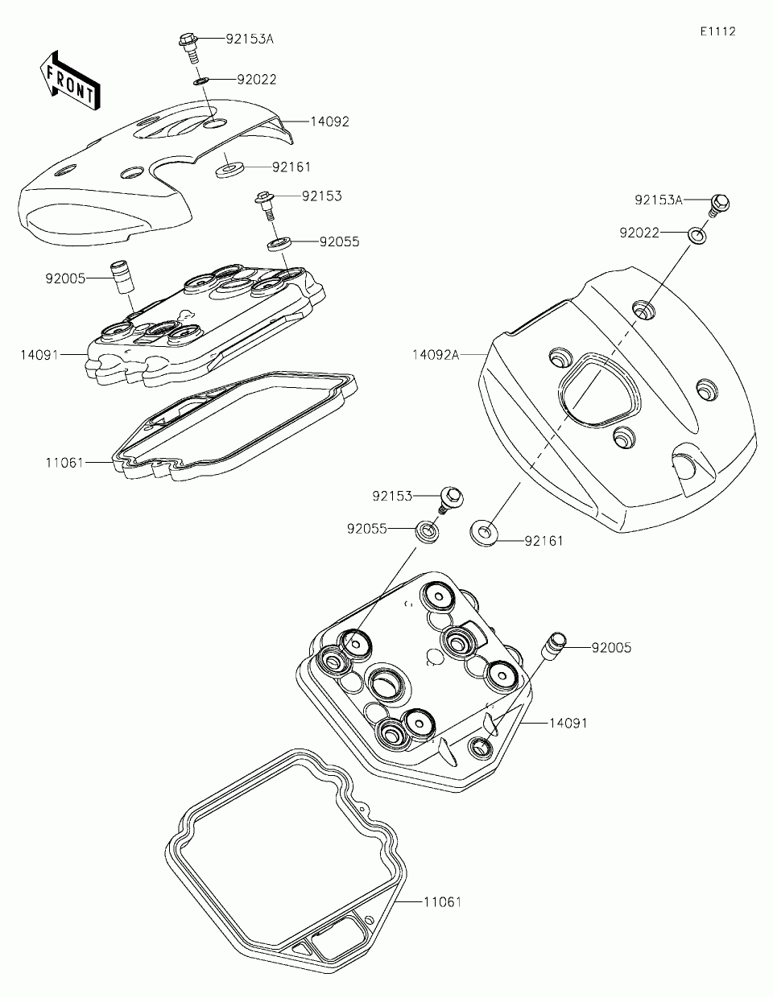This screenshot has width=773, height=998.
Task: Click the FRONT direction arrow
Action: coord(69,78)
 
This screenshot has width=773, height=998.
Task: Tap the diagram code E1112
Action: coord(717,31)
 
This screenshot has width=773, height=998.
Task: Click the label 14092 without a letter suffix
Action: coord(330,122)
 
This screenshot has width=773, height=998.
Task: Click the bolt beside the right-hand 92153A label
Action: coord(718,205)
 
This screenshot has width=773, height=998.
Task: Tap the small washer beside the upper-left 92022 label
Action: coord(201,80)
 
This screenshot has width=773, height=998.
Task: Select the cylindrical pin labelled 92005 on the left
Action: coord(122,276)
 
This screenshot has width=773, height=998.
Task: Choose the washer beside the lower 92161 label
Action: coord(483,534)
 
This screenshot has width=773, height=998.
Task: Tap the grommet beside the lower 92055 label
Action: coord(427,530)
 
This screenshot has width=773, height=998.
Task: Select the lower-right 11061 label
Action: coord(442,902)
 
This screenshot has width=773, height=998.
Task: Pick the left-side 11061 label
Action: coord(65,463)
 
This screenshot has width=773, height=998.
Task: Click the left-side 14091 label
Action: coord(40,353)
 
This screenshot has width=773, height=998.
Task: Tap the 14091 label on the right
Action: coord(568,723)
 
